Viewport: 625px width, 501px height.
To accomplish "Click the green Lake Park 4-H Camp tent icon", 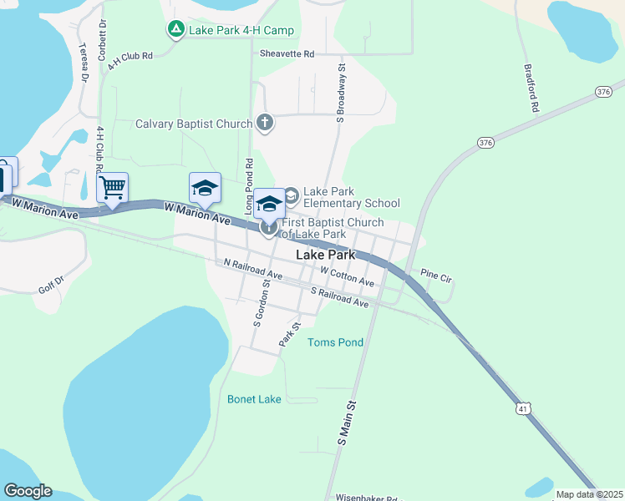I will [x=176, y=30].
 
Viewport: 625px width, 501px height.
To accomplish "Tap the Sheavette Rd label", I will [x=287, y=53].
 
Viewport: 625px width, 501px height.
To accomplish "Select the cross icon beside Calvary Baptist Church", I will [x=265, y=124].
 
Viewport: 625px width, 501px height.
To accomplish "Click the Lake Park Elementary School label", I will [x=351, y=197].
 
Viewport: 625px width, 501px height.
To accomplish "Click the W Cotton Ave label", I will [x=347, y=276].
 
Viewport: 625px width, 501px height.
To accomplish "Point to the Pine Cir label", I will [x=435, y=273].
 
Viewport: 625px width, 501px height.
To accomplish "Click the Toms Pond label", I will [x=335, y=342].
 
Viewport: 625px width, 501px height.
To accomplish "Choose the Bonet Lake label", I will [x=254, y=399].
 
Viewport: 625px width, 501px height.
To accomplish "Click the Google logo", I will [x=28, y=491].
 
